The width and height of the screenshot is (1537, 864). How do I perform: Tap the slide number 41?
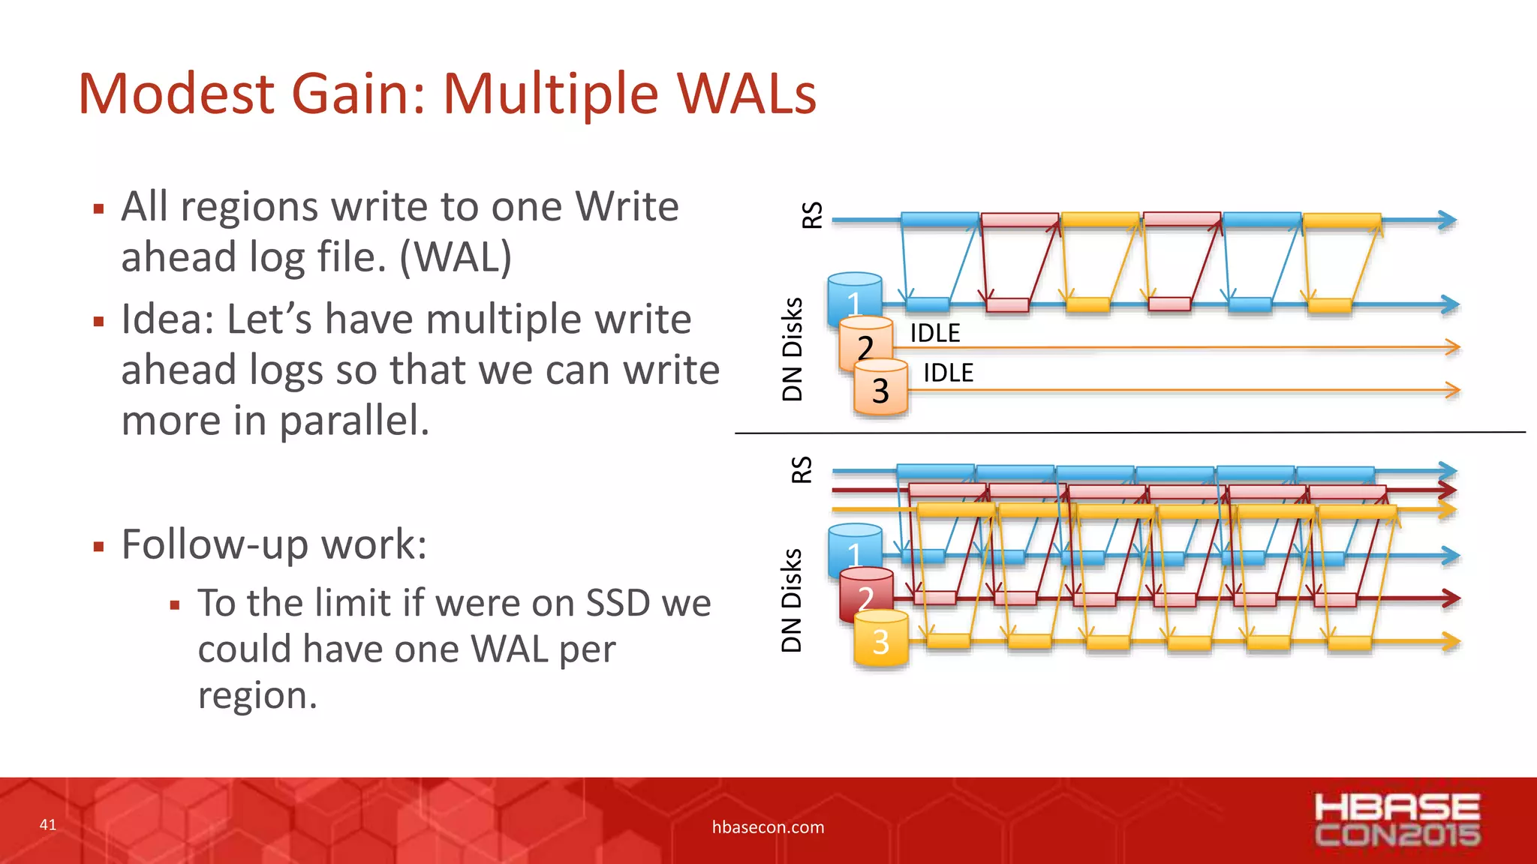[x=48, y=825]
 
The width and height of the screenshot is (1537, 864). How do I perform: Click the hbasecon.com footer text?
[x=768, y=827]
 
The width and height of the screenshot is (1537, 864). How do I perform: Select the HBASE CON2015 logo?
[x=1397, y=820]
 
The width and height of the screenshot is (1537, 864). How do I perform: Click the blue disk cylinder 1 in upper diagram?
[x=854, y=295]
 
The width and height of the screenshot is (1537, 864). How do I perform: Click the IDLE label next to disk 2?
[x=935, y=333]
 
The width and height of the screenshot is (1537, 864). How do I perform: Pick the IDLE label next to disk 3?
[x=948, y=373]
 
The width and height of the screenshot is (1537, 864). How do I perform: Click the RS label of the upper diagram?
[x=812, y=215]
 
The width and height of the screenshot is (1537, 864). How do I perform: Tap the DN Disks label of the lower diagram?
[x=792, y=600]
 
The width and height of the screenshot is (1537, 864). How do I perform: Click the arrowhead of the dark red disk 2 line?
[x=1450, y=598]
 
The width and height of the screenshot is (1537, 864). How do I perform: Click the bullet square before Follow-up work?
[x=98, y=546]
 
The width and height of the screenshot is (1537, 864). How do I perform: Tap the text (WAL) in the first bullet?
[x=456, y=257]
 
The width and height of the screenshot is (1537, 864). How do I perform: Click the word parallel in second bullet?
[x=354, y=421]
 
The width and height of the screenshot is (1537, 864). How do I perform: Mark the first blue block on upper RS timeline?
[x=940, y=220]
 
